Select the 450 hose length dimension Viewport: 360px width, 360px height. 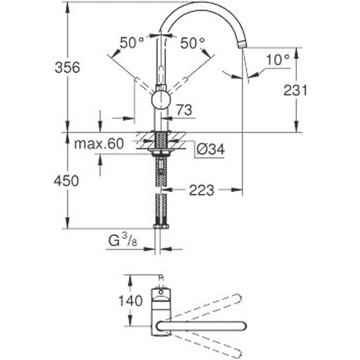66,181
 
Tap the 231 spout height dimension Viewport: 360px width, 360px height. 295,90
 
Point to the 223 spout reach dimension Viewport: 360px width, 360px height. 201,190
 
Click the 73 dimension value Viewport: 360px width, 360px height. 183,110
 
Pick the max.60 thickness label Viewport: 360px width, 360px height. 98,143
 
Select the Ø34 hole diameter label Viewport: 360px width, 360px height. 210,150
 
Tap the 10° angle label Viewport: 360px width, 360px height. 277,60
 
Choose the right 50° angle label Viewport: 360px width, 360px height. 192,43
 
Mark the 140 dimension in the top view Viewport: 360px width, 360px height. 130,301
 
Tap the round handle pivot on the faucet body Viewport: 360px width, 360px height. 161,100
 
